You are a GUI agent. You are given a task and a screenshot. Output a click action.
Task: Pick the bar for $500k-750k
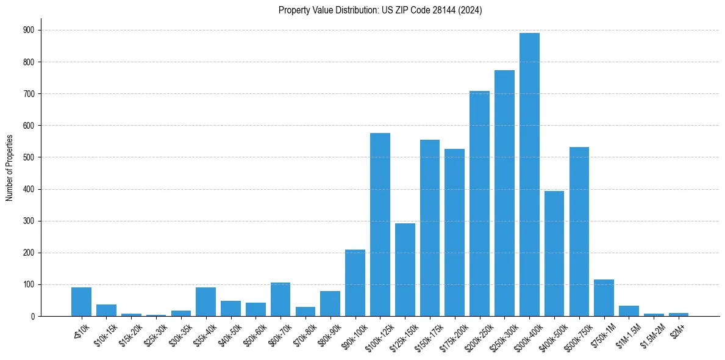(579, 232)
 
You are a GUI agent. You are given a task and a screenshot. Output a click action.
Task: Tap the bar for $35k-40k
(205, 301)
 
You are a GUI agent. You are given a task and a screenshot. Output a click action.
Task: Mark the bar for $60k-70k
(280, 299)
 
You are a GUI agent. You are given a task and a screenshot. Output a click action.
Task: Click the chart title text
(380, 10)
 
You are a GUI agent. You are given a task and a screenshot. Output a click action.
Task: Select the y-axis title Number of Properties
(9, 168)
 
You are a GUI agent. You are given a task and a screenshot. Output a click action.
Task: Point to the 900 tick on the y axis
(34, 30)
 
